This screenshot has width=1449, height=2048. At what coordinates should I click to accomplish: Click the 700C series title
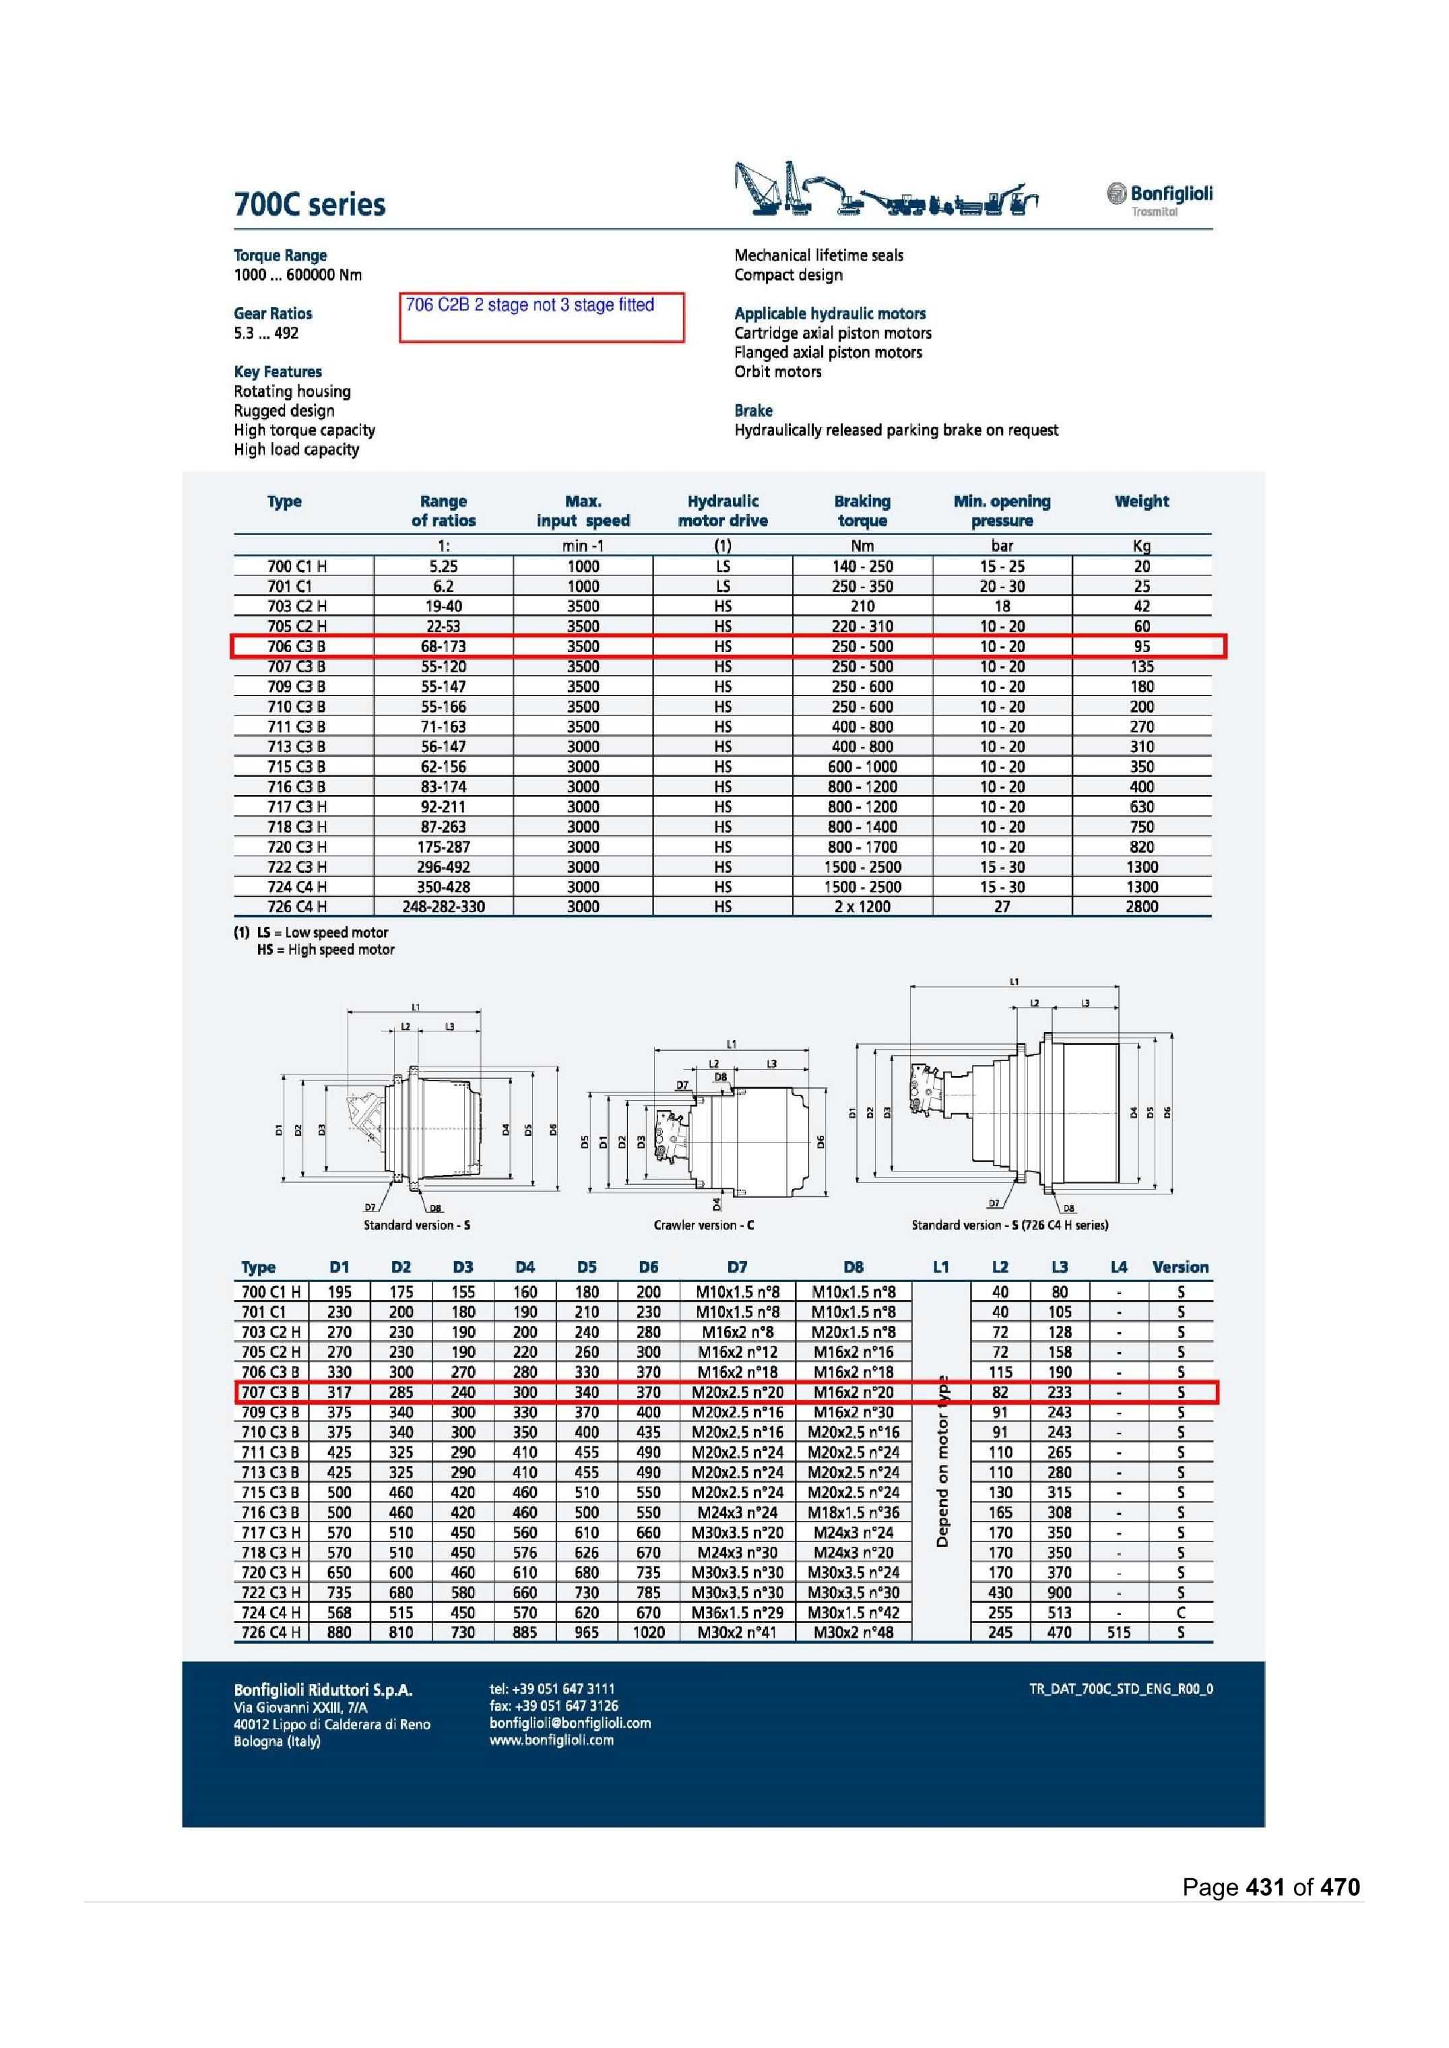pyautogui.click(x=310, y=204)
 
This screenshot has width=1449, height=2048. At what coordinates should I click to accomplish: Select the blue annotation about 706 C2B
pyautogui.click(x=530, y=305)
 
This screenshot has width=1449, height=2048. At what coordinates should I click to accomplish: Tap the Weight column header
pyautogui.click(x=1141, y=501)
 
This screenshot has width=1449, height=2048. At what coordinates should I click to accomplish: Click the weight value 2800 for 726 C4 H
pyautogui.click(x=1141, y=907)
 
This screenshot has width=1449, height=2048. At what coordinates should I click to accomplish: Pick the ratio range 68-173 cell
pyautogui.click(x=443, y=646)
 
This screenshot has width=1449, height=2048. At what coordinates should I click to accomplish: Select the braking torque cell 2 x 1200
pyautogui.click(x=862, y=907)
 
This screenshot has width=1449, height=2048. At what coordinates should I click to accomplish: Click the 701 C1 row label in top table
pyautogui.click(x=290, y=586)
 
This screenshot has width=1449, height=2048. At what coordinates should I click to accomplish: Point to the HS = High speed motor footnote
pyautogui.click(x=325, y=949)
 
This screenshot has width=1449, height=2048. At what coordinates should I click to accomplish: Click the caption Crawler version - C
pyautogui.click(x=703, y=1225)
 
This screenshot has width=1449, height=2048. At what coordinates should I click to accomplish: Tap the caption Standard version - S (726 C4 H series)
pyautogui.click(x=1009, y=1225)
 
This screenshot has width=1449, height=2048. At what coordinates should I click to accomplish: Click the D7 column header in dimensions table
pyautogui.click(x=737, y=1267)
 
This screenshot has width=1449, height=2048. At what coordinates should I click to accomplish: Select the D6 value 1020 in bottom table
pyautogui.click(x=649, y=1632)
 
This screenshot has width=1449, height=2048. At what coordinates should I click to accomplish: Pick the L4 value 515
pyautogui.click(x=1118, y=1632)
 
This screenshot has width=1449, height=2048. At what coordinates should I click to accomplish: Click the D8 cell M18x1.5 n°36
pyautogui.click(x=853, y=1512)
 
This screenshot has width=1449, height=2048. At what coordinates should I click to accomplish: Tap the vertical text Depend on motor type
pyautogui.click(x=942, y=1461)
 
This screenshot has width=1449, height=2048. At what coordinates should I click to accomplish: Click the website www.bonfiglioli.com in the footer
pyautogui.click(x=552, y=1740)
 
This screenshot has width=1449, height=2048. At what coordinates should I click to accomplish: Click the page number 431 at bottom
pyautogui.click(x=1264, y=1886)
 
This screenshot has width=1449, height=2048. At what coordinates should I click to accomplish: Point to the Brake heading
pyautogui.click(x=753, y=410)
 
